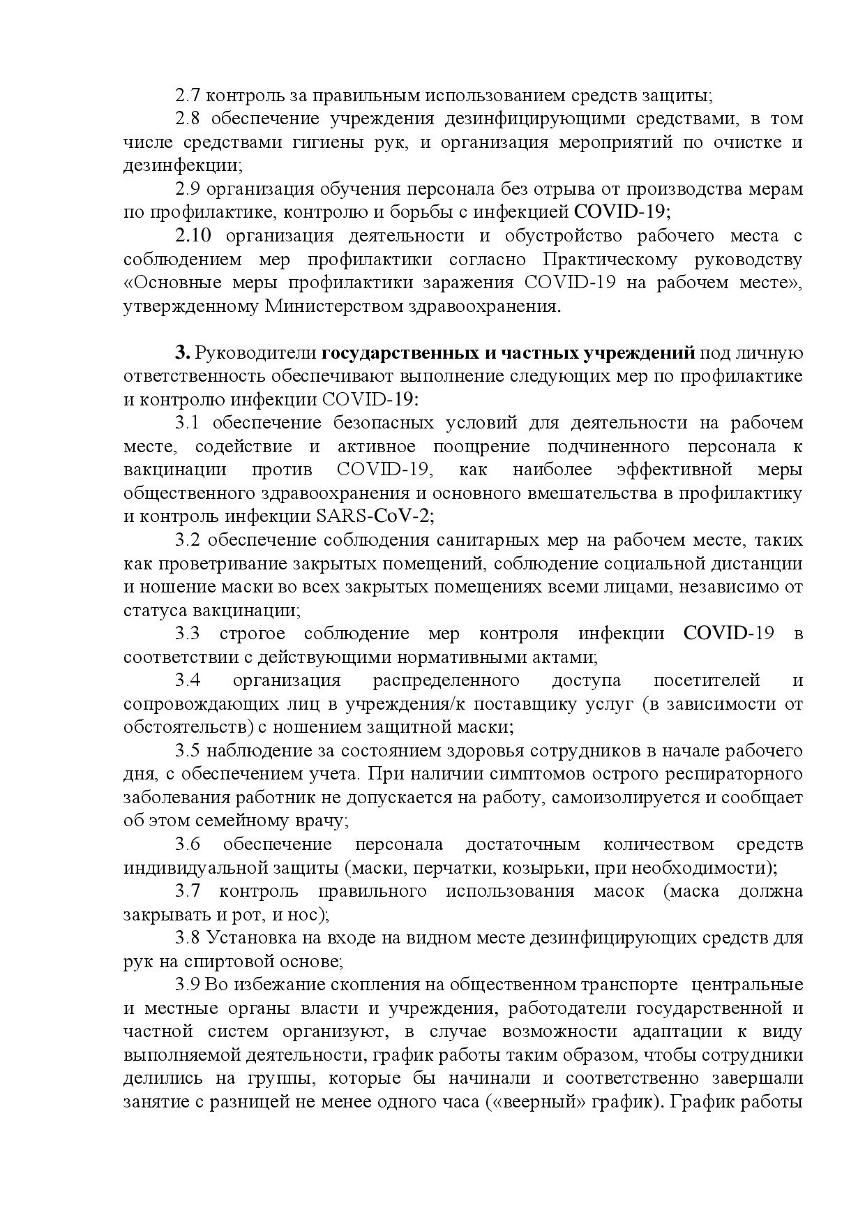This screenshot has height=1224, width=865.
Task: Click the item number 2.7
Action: click(188, 95)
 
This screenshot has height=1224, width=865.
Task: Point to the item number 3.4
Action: click(188, 680)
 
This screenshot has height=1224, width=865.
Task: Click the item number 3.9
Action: click(188, 985)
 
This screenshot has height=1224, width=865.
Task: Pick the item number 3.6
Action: click(188, 844)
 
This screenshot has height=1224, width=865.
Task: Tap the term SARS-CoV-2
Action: click(375, 516)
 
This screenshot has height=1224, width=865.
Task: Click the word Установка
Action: click(244, 938)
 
